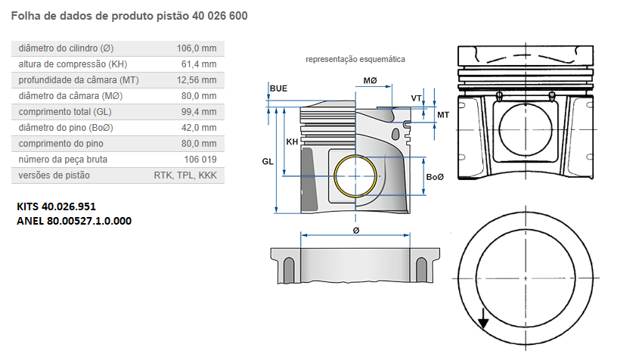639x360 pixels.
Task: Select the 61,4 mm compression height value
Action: click(x=200, y=64)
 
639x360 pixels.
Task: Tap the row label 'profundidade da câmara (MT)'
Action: click(x=79, y=80)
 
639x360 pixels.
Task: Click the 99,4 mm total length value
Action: click(x=200, y=112)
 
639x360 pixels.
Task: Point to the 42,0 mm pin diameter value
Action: click(x=200, y=128)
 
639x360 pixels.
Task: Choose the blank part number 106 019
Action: click(x=200, y=160)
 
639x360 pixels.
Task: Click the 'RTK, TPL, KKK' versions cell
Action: click(x=185, y=175)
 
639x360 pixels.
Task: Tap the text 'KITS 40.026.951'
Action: click(x=57, y=206)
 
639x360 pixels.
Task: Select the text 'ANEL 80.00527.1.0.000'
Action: click(x=74, y=221)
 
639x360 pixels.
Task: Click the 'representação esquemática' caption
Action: click(x=355, y=59)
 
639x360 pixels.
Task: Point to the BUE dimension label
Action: click(x=278, y=88)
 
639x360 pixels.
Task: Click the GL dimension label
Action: click(x=267, y=162)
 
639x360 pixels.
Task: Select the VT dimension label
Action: click(x=416, y=98)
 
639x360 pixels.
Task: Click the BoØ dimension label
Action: click(x=435, y=177)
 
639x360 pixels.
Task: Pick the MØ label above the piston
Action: click(x=370, y=80)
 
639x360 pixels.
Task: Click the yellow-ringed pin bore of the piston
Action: click(x=355, y=175)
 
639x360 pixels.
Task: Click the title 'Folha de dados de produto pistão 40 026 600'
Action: click(x=129, y=15)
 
